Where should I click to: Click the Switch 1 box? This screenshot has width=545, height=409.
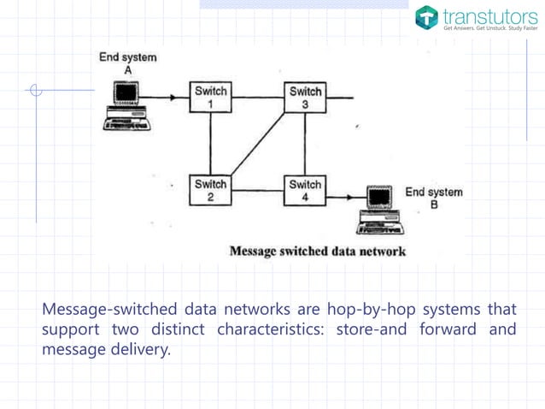[210, 98]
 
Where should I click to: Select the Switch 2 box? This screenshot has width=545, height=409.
[210, 190]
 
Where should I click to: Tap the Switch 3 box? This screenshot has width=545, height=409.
[305, 98]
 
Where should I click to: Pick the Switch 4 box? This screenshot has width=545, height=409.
[305, 190]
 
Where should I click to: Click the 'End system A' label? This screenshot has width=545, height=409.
[127, 62]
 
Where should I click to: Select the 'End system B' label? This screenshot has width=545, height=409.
[433, 198]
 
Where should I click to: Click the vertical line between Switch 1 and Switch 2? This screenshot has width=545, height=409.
[210, 144]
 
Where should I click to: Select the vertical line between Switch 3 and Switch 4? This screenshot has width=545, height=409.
[305, 144]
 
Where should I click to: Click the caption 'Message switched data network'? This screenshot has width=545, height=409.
[317, 252]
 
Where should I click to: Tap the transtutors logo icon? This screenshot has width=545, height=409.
[427, 16]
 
